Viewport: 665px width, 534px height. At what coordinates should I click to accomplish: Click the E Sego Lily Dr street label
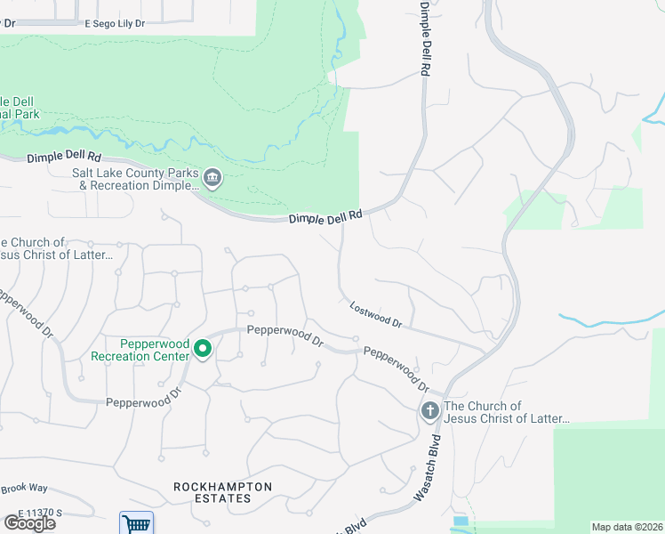(x=115, y=23)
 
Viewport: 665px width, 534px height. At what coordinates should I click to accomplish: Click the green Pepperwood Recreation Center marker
(x=203, y=349)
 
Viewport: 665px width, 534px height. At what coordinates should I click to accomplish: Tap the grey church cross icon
(x=429, y=411)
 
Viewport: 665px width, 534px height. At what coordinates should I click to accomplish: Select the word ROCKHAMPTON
(x=222, y=487)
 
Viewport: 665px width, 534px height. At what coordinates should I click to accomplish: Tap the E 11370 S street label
(x=39, y=514)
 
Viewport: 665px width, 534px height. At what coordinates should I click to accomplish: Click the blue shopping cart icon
(x=136, y=523)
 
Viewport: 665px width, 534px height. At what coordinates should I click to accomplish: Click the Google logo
(x=29, y=523)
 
